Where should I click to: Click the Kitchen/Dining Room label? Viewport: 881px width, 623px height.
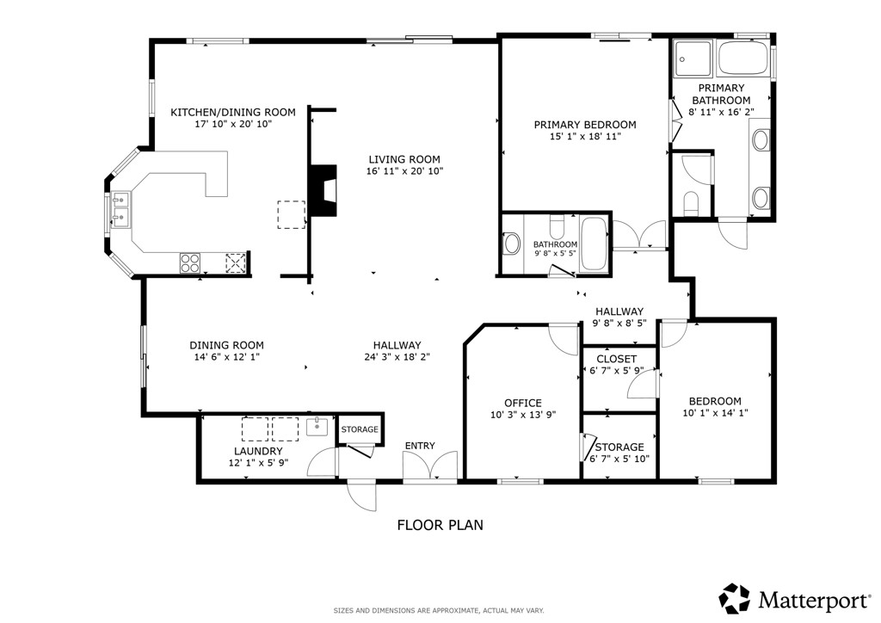tap(232, 112)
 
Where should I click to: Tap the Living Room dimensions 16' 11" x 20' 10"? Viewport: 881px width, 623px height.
tap(404, 171)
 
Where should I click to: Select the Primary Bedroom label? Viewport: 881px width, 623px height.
tap(585, 125)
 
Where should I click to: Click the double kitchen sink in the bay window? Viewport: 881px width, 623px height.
tap(120, 209)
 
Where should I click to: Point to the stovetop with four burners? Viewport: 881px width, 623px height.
tap(190, 262)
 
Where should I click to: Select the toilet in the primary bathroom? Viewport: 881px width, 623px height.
tap(690, 202)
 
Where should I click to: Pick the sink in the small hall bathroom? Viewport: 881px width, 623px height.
tap(511, 244)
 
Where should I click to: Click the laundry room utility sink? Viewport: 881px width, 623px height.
tap(317, 425)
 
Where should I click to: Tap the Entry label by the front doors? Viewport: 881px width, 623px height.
tap(420, 446)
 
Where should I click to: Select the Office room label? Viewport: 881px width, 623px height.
tap(523, 403)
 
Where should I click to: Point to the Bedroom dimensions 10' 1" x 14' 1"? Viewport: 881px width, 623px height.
tap(715, 413)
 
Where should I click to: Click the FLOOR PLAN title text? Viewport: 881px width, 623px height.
tap(440, 524)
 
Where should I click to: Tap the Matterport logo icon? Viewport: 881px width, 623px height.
tap(735, 598)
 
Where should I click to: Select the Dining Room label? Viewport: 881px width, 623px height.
tap(226, 345)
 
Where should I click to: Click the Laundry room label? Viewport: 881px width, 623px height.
tap(258, 451)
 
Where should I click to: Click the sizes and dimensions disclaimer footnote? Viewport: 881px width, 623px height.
tap(439, 610)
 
